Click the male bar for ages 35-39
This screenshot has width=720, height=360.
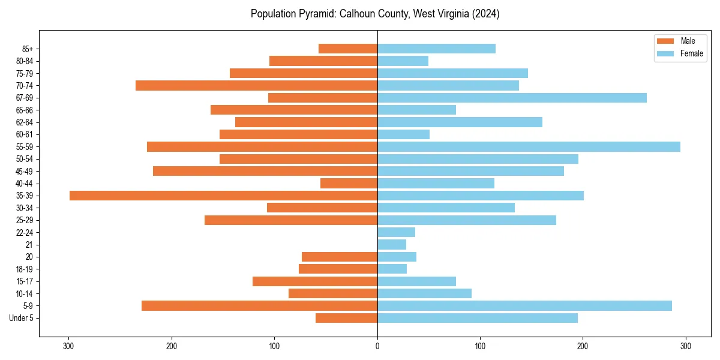click(x=223, y=196)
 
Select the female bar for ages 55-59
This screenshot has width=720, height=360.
click(x=529, y=146)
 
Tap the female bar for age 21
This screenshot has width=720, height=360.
click(x=392, y=245)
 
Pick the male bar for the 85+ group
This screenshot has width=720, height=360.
click(x=348, y=49)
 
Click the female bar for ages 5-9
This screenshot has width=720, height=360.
click(x=524, y=306)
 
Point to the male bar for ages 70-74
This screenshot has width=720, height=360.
click(x=256, y=85)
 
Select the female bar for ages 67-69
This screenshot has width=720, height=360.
click(x=512, y=98)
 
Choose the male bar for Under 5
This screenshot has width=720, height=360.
click(x=346, y=318)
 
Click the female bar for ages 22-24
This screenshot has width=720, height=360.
click(x=396, y=232)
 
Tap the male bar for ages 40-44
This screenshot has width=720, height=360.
click(x=349, y=183)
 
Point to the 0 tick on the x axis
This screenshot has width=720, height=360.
click(x=377, y=346)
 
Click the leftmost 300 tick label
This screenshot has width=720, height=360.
click(x=68, y=346)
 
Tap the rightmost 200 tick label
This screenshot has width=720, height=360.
click(x=583, y=346)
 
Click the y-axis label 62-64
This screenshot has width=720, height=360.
click(x=25, y=122)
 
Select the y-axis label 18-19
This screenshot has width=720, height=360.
click(x=25, y=269)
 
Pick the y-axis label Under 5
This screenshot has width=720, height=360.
click(x=22, y=318)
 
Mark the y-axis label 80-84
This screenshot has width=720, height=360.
click(x=25, y=61)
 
